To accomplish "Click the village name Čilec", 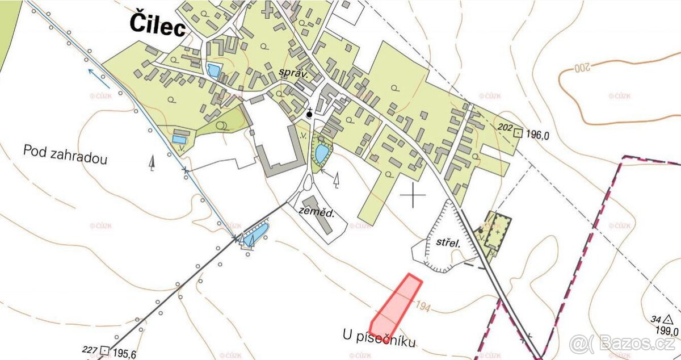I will (158, 24).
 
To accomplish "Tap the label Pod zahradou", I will (65, 154).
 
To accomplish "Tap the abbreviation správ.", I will (293, 73).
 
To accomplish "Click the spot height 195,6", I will (124, 352).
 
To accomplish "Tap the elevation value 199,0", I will (667, 331).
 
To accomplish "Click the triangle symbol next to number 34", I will (669, 319).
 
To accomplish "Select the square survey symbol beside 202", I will (518, 134).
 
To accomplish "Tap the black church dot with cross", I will (309, 114).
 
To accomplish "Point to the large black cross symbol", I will (413, 196).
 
